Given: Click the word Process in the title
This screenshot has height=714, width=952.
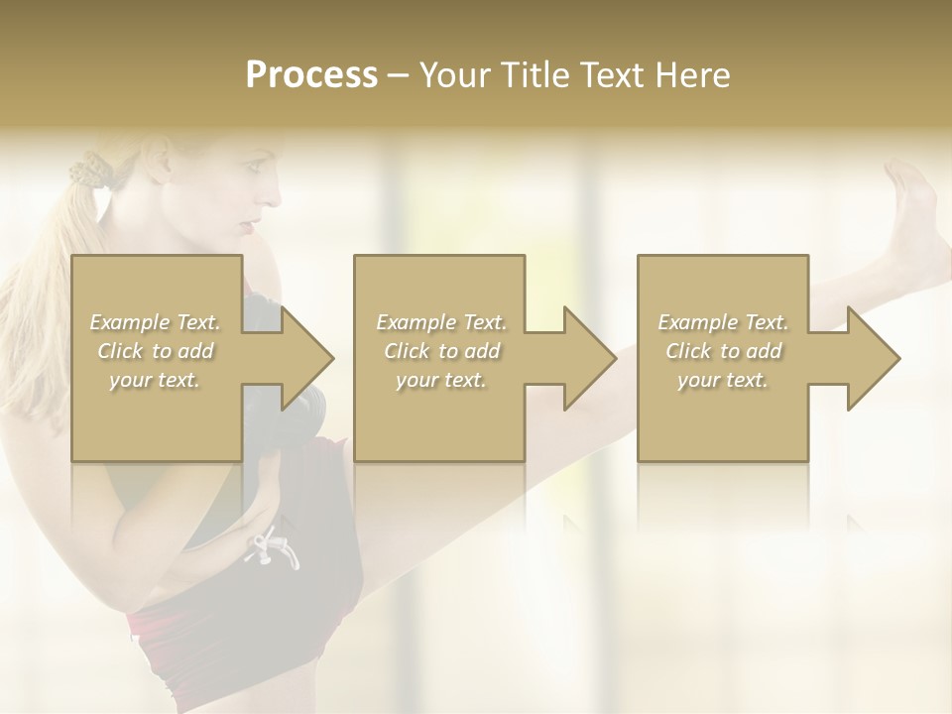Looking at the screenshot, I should (311, 74).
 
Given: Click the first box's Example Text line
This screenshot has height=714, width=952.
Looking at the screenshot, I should (156, 322).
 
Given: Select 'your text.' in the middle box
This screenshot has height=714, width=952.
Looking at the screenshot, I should (440, 380).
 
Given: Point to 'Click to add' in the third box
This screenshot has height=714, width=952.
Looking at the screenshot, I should (723, 351).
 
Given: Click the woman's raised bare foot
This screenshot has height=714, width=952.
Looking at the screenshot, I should (912, 213).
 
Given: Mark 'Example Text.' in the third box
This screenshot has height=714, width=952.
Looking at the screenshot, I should (723, 322).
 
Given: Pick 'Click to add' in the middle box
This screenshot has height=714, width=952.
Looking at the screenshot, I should (440, 351).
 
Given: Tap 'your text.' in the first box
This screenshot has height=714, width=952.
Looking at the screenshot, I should (156, 380).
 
